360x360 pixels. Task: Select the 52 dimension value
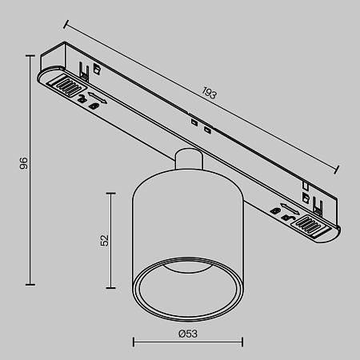pos(104,241)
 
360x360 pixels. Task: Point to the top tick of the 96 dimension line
pos(32,55)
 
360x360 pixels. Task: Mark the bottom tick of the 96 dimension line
pos(32,283)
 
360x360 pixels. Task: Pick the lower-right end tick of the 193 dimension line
pos(337,168)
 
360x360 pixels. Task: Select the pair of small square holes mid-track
pos(200,125)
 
